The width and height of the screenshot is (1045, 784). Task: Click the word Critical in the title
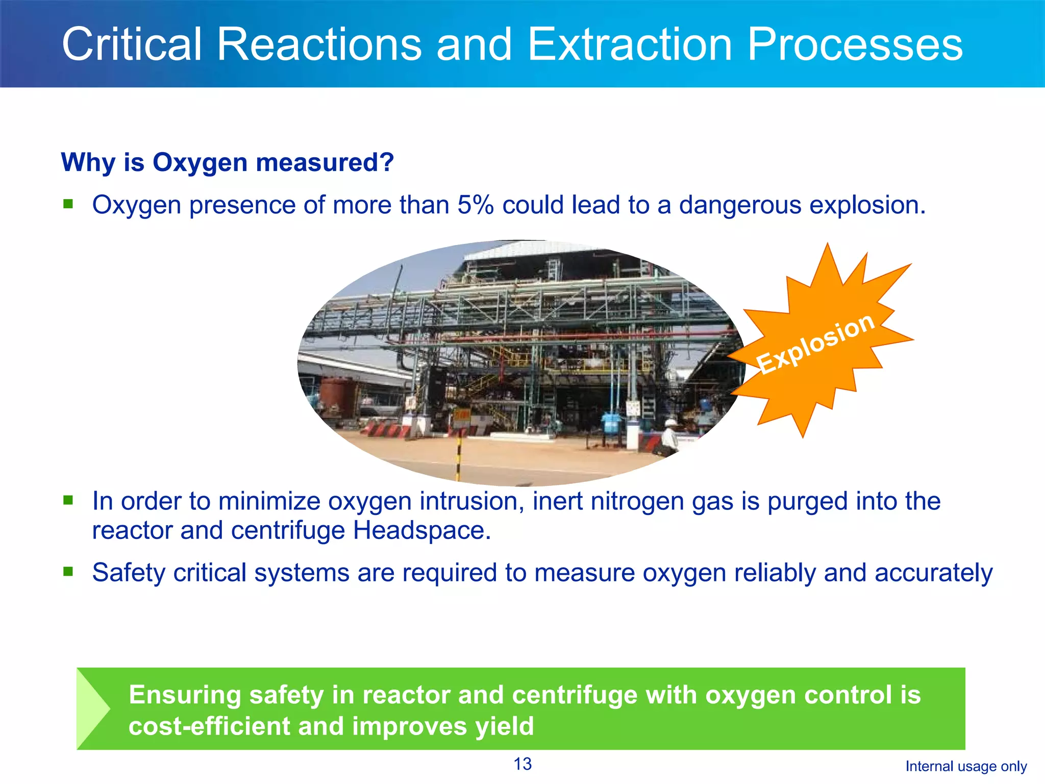pyautogui.click(x=132, y=44)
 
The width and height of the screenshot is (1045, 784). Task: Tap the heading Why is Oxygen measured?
pyautogui.click(x=228, y=162)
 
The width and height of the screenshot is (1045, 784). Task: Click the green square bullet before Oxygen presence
pyautogui.click(x=68, y=204)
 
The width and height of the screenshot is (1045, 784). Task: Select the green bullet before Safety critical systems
pyautogui.click(x=68, y=571)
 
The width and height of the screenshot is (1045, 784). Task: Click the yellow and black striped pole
pyautogui.click(x=458, y=457)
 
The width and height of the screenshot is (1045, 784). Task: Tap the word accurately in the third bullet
pyautogui.click(x=933, y=572)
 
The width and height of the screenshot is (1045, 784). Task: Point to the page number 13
pyautogui.click(x=522, y=764)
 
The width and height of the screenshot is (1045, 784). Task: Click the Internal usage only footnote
pyautogui.click(x=966, y=766)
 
